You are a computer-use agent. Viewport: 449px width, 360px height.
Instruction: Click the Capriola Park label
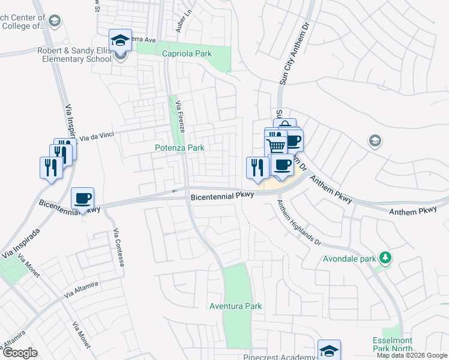pyautogui.click(x=187, y=54)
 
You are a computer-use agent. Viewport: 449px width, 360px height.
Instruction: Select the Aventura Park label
pyautogui.click(x=235, y=306)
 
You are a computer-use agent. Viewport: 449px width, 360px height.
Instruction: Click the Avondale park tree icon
pyautogui.click(x=385, y=259)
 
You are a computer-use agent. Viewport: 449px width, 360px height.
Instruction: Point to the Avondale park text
pyautogui.click(x=350, y=259)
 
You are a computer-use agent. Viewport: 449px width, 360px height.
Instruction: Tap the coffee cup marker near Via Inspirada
pyautogui.click(x=83, y=198)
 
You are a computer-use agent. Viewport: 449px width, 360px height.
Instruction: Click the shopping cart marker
pyautogui.click(x=276, y=146)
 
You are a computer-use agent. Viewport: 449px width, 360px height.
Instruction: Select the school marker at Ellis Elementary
pyautogui.click(x=120, y=41)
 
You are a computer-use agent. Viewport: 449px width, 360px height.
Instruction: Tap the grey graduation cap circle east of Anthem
pyautogui.click(x=375, y=141)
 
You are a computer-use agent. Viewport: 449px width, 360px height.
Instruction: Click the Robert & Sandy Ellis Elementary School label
pyautogui.click(x=75, y=55)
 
